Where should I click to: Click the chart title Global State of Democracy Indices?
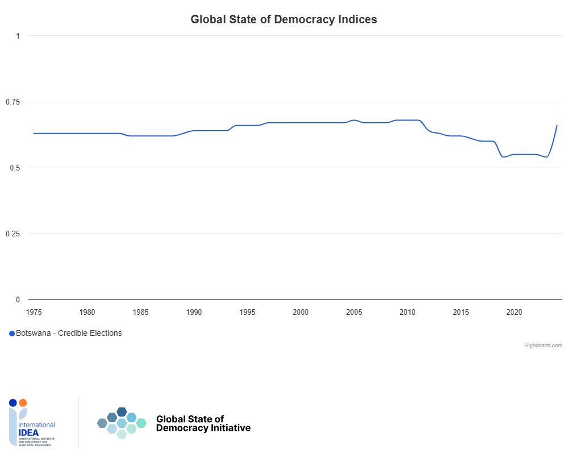283,19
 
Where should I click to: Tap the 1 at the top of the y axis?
18,36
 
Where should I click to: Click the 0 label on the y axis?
18,299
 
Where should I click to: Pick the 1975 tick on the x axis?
34,312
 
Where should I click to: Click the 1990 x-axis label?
194,312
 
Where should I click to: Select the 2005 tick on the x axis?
354,312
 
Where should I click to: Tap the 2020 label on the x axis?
514,312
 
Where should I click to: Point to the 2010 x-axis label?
407,312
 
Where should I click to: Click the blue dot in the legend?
12,334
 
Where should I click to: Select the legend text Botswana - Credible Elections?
69,334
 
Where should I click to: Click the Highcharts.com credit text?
543,345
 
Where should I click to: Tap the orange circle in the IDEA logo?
23,403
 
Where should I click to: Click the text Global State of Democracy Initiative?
203,423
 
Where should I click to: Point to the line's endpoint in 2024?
557,125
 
